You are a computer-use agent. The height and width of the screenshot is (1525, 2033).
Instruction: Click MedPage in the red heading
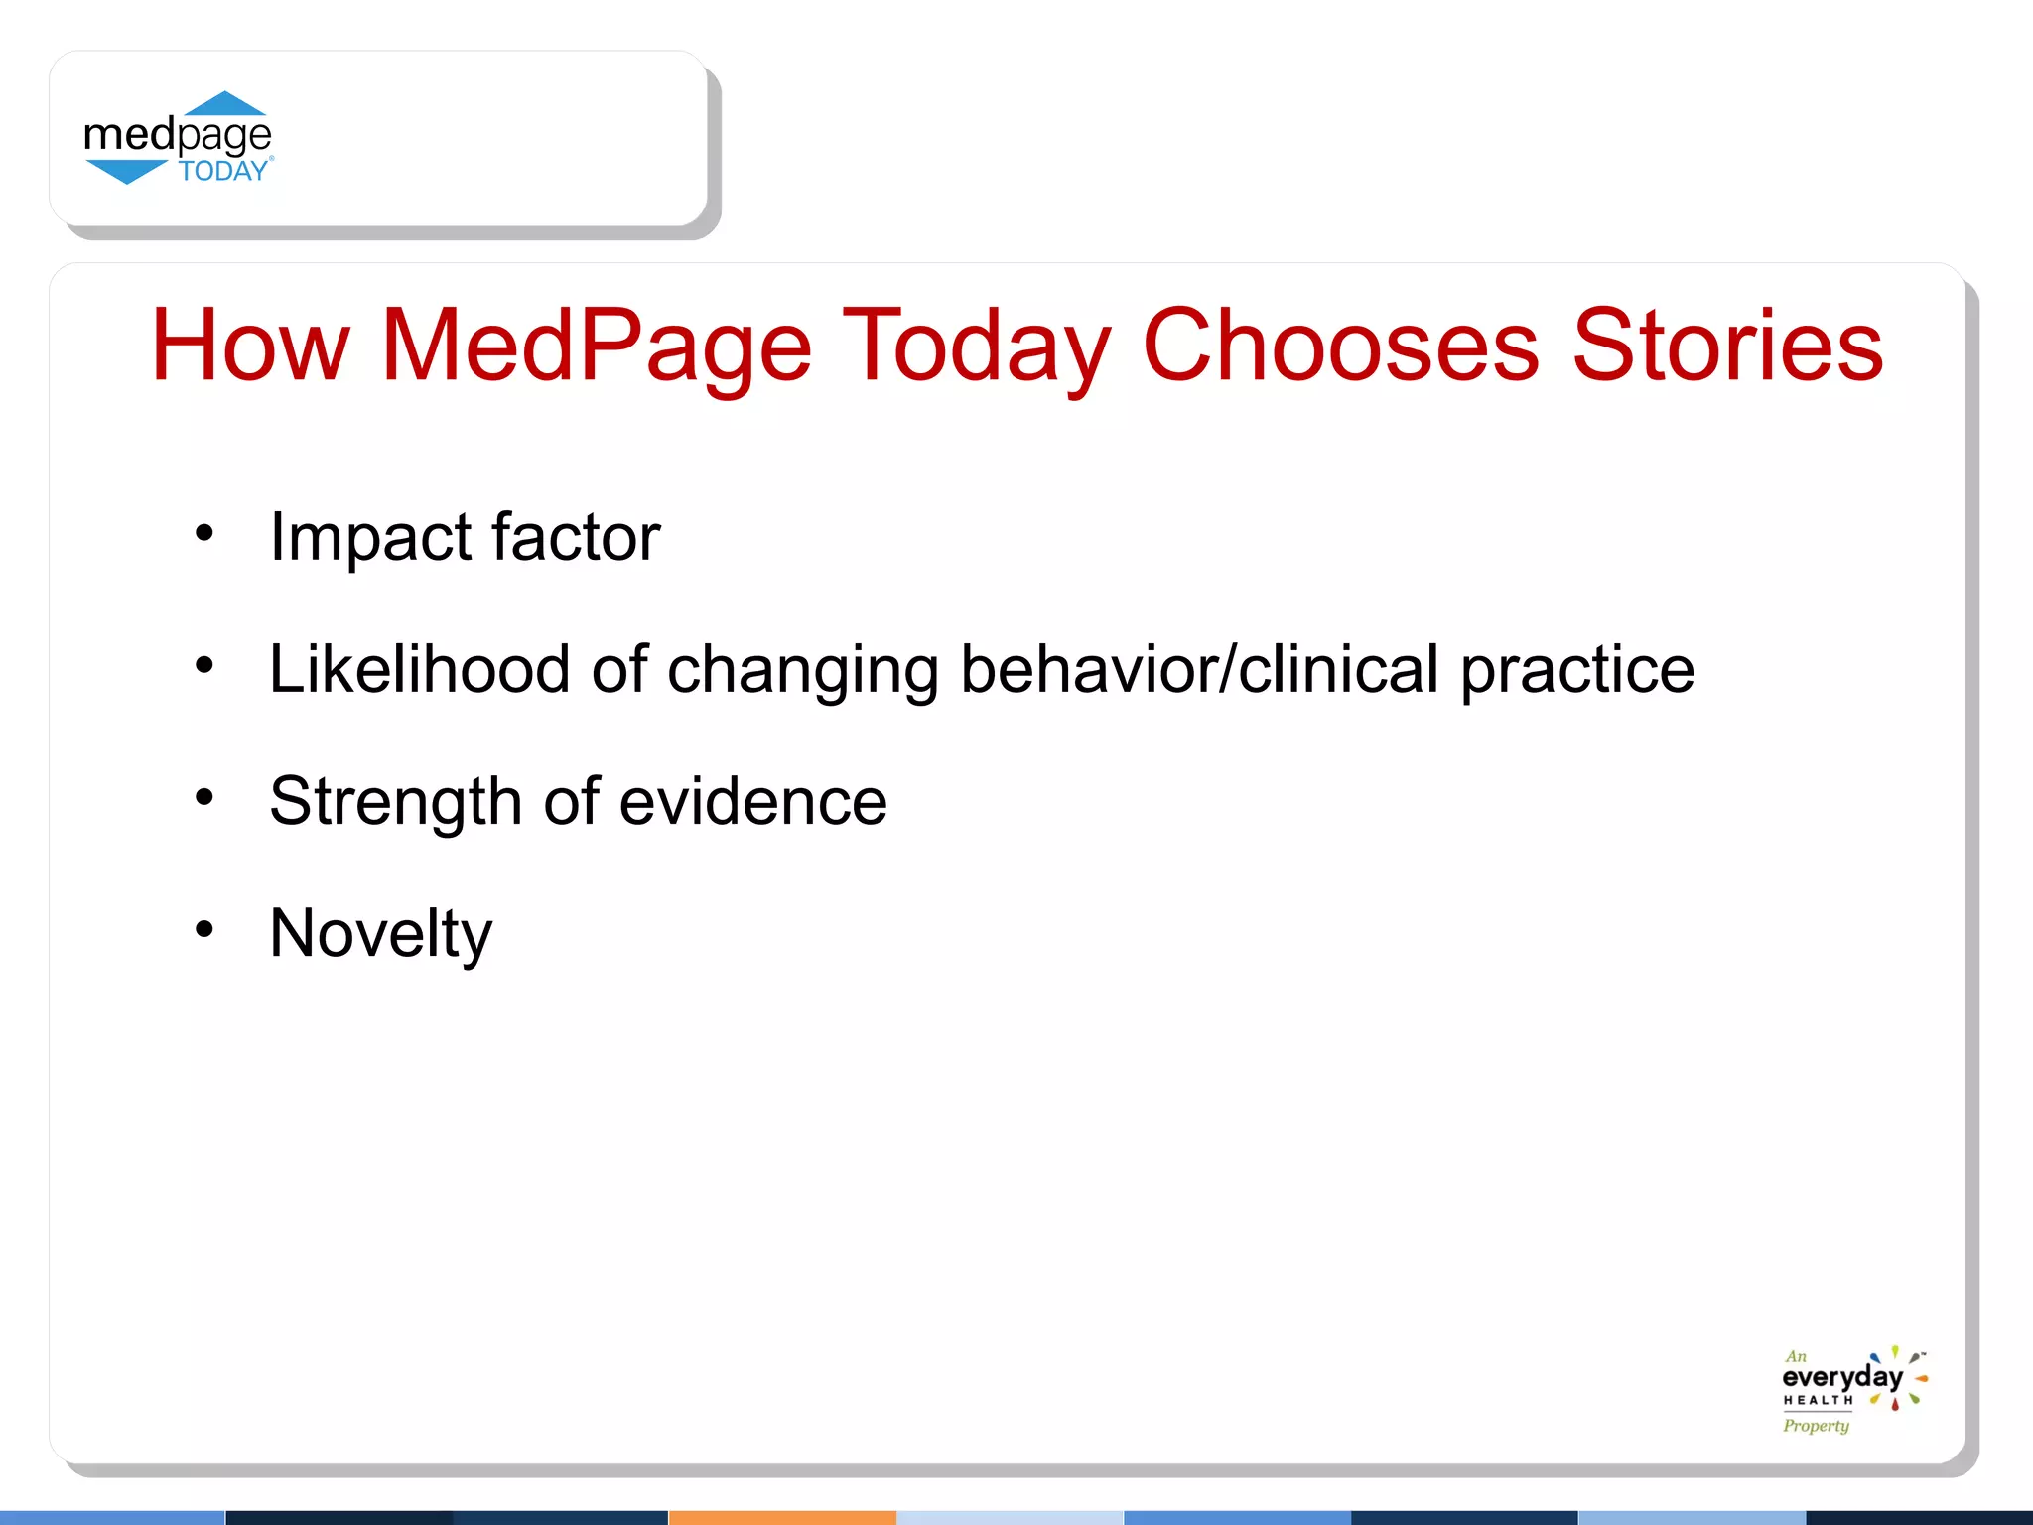click(x=596, y=347)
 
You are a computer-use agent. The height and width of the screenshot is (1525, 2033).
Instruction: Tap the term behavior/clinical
click(x=1199, y=670)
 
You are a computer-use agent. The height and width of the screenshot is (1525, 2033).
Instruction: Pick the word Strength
click(x=395, y=802)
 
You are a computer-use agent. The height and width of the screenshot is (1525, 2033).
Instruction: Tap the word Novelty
click(x=381, y=935)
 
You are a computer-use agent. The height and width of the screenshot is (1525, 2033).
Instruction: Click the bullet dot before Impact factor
click(x=204, y=534)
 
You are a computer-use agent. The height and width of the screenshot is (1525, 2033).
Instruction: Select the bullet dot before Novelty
click(x=204, y=930)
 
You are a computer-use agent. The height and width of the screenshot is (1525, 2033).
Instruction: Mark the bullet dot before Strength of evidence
click(x=204, y=797)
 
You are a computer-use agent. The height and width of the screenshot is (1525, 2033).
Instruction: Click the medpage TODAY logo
click(x=179, y=139)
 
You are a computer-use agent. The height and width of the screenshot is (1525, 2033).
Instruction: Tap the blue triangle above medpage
click(x=225, y=104)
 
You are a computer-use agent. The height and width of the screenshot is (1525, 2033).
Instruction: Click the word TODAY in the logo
click(x=223, y=171)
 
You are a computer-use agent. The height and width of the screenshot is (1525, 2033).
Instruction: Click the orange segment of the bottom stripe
click(x=782, y=1517)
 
